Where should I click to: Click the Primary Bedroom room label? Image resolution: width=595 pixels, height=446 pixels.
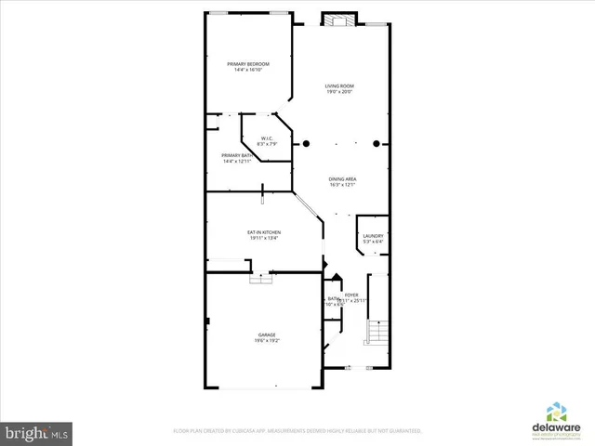click(248, 63)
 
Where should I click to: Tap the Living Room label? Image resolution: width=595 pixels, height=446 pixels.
click(339, 86)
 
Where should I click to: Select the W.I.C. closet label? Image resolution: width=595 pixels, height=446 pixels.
click(267, 139)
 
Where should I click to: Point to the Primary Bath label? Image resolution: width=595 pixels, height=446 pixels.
click(235, 155)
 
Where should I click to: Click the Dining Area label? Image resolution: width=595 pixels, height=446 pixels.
click(342, 178)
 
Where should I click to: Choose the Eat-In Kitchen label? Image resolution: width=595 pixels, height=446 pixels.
click(264, 232)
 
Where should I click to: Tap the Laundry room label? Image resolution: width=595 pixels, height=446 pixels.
click(373, 236)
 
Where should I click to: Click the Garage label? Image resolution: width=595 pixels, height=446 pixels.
click(267, 334)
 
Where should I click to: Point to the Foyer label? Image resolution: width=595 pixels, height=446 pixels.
click(351, 295)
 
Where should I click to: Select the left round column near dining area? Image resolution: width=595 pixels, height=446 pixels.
click(307, 144)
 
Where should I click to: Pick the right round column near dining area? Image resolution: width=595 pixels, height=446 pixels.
click(377, 144)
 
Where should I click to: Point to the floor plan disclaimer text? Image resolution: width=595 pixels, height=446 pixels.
click(297, 431)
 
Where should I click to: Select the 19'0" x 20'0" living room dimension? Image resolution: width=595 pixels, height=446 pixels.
click(339, 92)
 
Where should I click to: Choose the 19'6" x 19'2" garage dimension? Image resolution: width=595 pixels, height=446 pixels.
click(267, 340)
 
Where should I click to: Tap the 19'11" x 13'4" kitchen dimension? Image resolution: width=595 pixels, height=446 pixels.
click(264, 238)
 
